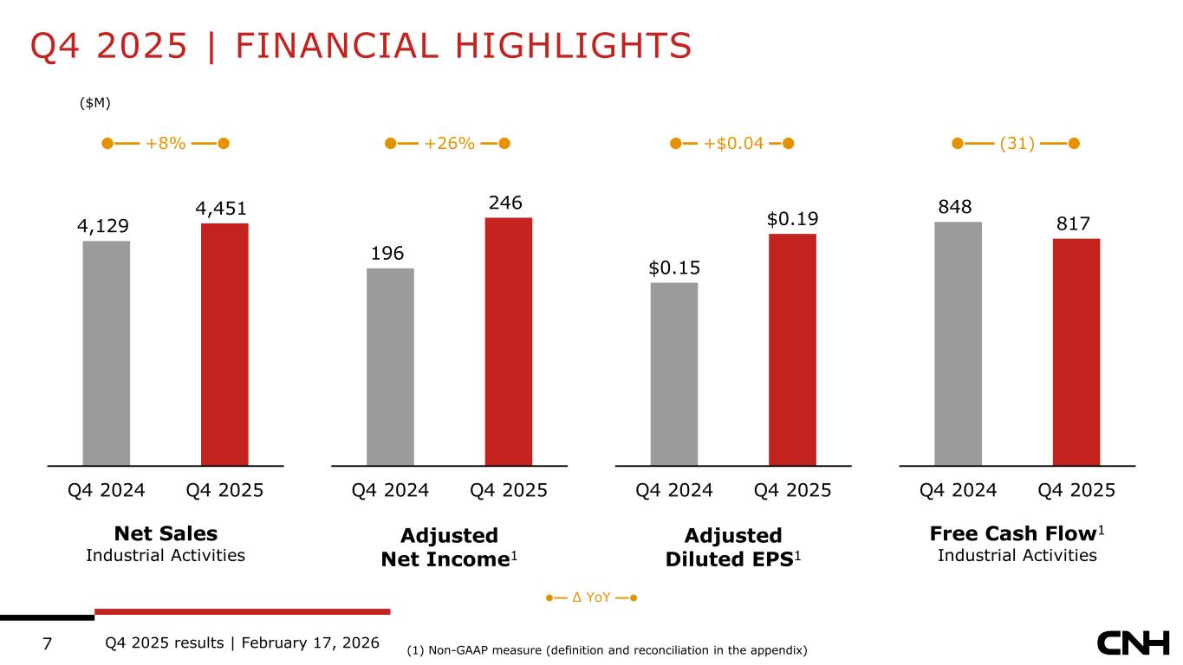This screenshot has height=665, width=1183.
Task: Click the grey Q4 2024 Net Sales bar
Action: tap(107, 352)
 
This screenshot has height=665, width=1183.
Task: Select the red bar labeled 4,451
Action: tap(224, 344)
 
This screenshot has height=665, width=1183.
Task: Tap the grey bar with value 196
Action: tap(390, 366)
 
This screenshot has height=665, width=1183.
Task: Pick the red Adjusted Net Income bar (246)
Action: tap(509, 341)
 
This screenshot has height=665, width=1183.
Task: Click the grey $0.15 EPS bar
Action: tap(674, 373)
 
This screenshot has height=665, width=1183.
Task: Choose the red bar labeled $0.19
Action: tap(792, 349)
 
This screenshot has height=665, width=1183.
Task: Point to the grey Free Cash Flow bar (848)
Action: tap(958, 343)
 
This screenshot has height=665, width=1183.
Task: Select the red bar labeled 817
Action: tap(1076, 352)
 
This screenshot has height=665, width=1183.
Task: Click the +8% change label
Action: tap(165, 143)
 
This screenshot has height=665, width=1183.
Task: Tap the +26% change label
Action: tap(449, 143)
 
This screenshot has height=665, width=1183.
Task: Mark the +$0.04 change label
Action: tap(732, 143)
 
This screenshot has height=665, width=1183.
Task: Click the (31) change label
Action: tap(1017, 143)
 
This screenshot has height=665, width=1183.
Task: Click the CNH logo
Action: tap(1133, 643)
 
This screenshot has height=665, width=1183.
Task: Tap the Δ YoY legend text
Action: tap(592, 597)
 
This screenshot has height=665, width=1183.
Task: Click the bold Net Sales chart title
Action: tap(166, 533)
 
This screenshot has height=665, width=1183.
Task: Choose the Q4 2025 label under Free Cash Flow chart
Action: tap(1076, 490)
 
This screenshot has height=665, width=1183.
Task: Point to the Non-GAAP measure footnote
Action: tap(607, 649)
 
